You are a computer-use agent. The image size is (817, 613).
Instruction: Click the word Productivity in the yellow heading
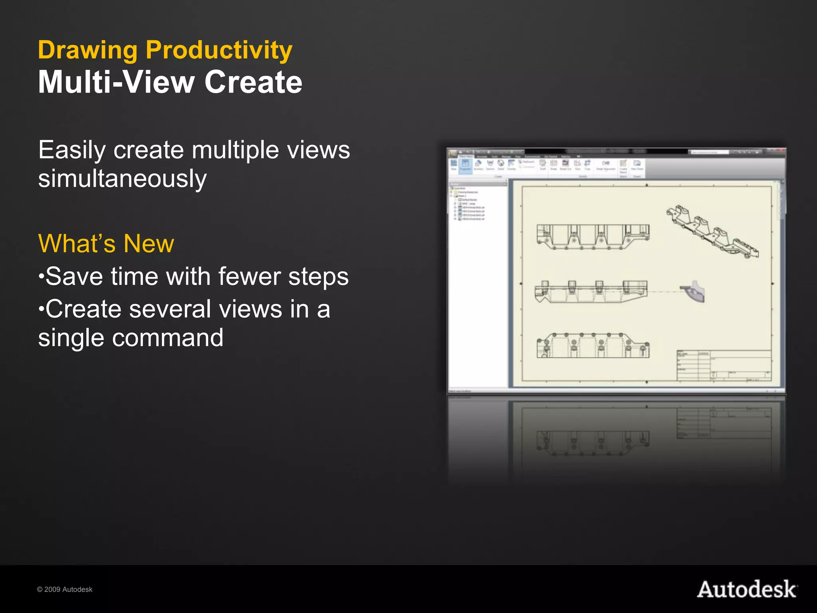(219, 51)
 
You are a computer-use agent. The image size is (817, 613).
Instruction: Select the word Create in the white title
(253, 82)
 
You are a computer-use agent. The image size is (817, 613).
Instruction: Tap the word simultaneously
(122, 179)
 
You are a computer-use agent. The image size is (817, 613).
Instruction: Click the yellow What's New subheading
(106, 243)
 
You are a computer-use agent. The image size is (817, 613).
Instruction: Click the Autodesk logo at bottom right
(747, 589)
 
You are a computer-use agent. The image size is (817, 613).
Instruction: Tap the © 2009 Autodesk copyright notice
(65, 589)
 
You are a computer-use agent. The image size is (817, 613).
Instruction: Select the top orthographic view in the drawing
(593, 237)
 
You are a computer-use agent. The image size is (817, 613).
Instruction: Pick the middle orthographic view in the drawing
(591, 292)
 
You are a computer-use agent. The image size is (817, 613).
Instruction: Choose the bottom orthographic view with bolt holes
(593, 346)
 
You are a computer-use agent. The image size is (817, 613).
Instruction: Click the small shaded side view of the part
(694, 291)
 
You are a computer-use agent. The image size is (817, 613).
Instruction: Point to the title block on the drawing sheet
(724, 365)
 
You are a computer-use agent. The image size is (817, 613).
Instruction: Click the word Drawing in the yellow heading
(88, 51)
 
